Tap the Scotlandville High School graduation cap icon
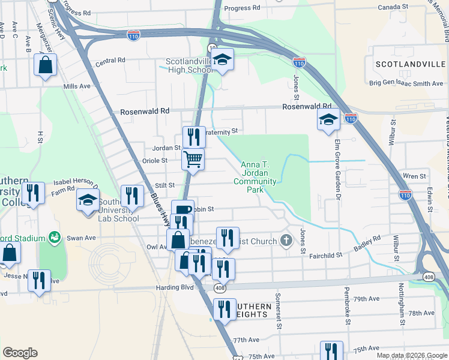click(x=222, y=59)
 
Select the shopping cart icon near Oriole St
click(x=193, y=160)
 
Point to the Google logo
click(x=20, y=353)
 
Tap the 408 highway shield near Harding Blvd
click(x=220, y=289)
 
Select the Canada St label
click(x=394, y=7)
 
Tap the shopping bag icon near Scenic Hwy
click(x=46, y=65)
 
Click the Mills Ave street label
click(x=76, y=86)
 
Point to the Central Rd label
click(x=110, y=61)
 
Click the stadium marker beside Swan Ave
click(x=55, y=238)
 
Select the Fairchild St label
click(x=325, y=256)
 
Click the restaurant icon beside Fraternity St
click(x=194, y=136)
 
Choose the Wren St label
click(x=414, y=176)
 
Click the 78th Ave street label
click(x=421, y=313)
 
